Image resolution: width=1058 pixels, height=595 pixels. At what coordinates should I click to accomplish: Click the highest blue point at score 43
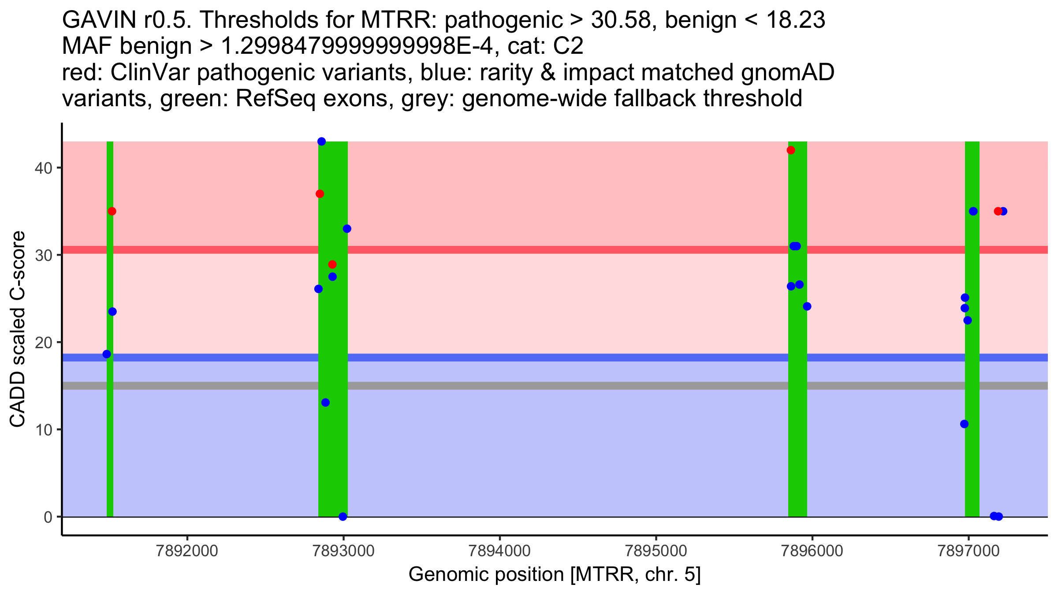coord(321,141)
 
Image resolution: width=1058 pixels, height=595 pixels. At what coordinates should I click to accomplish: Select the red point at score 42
coord(791,150)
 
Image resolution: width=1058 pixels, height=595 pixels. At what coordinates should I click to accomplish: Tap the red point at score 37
coord(320,194)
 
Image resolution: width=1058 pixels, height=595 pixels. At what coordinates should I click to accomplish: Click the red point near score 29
coord(332,264)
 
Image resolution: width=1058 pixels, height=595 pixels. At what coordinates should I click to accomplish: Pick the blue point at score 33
coord(347,229)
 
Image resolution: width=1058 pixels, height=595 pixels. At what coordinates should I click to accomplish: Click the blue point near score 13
coord(325,402)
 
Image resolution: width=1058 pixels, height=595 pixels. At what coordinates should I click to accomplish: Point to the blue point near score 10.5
coord(964,424)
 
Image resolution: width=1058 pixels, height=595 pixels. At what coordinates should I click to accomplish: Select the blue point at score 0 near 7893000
coord(343,517)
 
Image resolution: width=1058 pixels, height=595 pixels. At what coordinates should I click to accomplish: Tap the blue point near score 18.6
coord(107,354)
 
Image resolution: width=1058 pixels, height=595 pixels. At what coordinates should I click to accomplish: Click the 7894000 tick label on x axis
coord(499,551)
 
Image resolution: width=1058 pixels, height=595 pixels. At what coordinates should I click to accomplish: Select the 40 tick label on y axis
coord(43,168)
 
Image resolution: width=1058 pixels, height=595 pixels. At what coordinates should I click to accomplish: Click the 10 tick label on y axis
coord(43,430)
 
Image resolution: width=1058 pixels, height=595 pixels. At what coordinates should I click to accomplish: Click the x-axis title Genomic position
coord(554,575)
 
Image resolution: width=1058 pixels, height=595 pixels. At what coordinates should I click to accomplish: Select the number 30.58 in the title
coord(621,20)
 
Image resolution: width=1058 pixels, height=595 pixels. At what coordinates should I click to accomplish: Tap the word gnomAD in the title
coord(787,72)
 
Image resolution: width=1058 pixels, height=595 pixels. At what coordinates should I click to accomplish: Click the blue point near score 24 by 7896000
coord(807,306)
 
